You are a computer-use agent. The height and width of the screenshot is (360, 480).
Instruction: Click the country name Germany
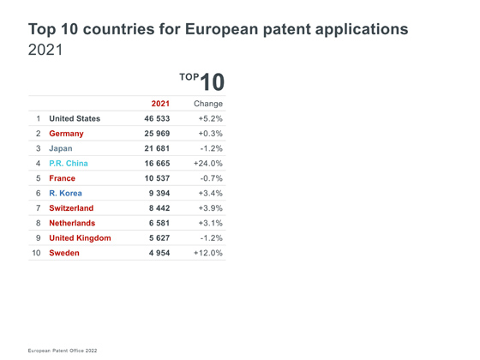coord(66,134)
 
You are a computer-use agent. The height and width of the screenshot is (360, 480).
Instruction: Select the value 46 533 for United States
coord(157,118)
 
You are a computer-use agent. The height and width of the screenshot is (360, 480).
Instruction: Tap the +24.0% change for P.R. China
coord(207,164)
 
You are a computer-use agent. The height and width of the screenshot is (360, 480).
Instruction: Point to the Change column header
coord(208,104)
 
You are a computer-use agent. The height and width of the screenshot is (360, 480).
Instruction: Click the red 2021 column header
coord(160,104)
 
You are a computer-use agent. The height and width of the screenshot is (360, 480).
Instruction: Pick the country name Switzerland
coord(71,208)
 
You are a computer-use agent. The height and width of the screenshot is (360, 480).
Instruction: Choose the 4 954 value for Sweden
coord(159,253)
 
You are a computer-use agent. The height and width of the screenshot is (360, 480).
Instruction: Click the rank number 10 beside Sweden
coord(36,253)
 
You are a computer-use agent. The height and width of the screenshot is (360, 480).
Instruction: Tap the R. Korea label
coord(65,193)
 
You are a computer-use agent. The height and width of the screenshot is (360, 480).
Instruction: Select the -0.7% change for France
coord(211,178)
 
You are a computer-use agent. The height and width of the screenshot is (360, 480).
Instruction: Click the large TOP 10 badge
coord(202,81)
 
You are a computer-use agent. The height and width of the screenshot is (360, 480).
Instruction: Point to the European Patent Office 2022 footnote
coord(63,351)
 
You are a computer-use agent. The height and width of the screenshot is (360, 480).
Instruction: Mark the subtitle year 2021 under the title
coord(45,50)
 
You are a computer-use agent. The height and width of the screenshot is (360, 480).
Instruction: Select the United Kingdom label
coord(80,238)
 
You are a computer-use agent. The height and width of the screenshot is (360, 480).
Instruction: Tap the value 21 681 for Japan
coord(157,148)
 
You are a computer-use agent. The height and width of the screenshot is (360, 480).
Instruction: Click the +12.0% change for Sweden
coord(207,253)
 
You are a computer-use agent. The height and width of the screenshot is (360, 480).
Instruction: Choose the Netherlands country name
coord(72,223)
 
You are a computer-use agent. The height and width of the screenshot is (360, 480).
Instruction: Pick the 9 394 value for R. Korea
coord(159,193)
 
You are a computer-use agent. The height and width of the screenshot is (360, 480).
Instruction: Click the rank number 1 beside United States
coord(39,118)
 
